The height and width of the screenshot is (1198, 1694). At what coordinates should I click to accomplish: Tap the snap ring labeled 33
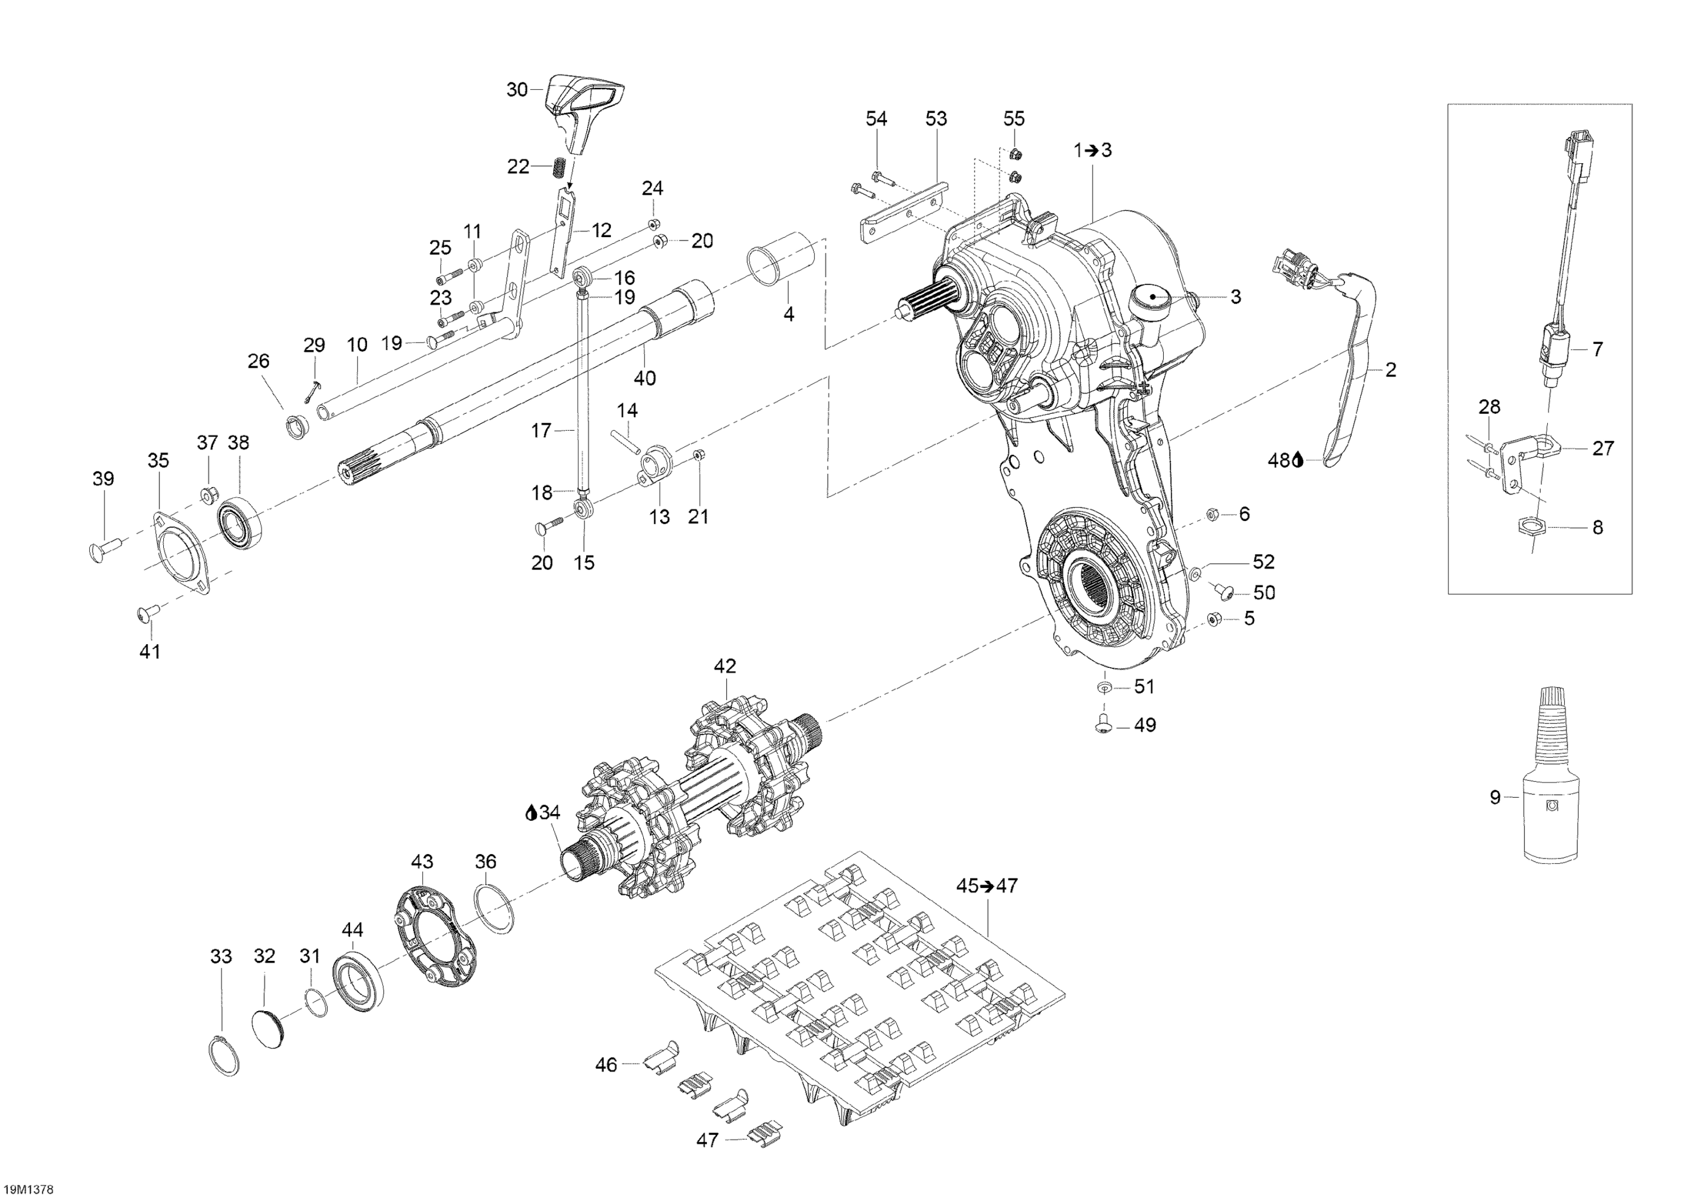click(224, 1056)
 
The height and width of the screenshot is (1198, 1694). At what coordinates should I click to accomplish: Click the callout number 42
click(724, 666)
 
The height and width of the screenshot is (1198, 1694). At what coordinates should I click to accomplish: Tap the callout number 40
click(645, 378)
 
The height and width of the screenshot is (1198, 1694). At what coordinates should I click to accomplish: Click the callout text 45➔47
click(986, 885)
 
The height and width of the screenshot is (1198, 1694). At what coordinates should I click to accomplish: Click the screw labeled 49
click(1103, 724)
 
